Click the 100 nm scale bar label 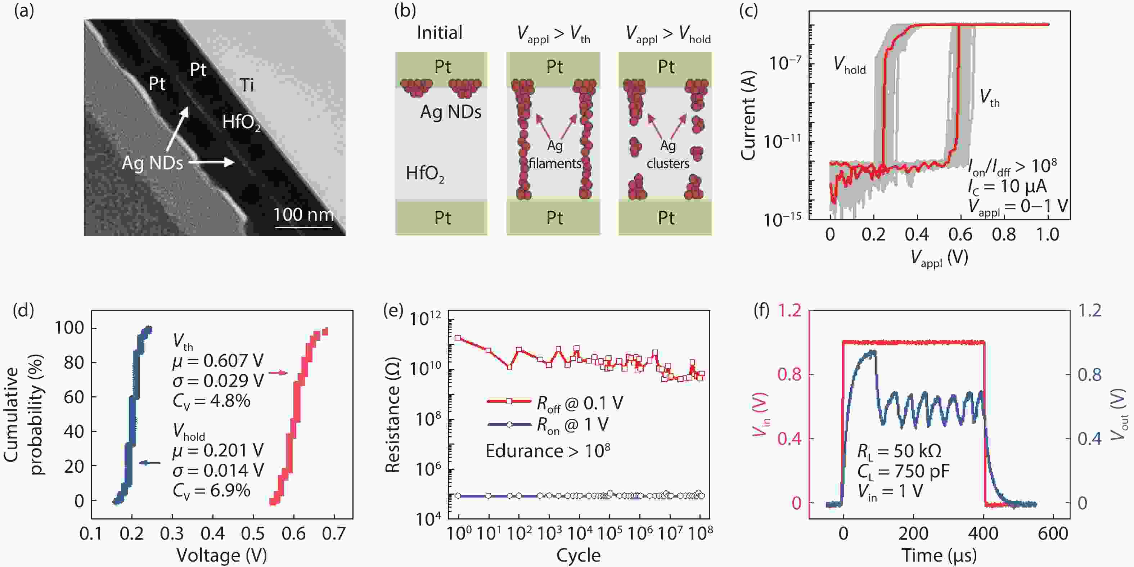point(303,215)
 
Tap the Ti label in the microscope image point(247,85)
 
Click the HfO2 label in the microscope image point(241,122)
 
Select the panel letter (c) point(748,10)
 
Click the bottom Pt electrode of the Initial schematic point(442,218)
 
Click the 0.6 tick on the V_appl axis point(960,235)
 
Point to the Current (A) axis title point(748,115)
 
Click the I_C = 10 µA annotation point(1007,186)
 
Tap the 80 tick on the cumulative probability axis point(74,363)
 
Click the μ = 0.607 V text point(218,361)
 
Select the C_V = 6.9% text point(211,490)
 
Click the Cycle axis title point(578,555)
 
